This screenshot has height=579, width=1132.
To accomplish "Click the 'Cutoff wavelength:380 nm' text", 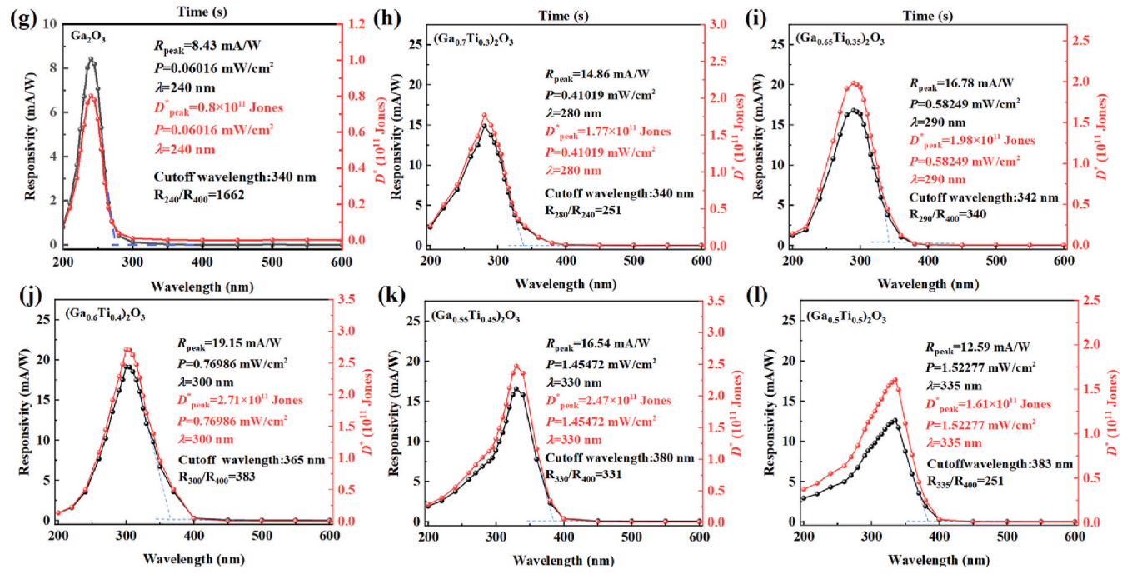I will coord(620,457).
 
